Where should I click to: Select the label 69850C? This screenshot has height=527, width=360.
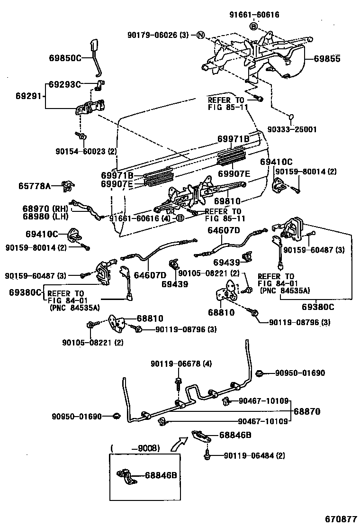tap(65, 58)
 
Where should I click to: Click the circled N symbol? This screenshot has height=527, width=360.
tap(200, 35)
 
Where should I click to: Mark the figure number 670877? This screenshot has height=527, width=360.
tap(340, 519)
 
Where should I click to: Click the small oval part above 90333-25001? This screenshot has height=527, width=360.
tap(292, 116)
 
